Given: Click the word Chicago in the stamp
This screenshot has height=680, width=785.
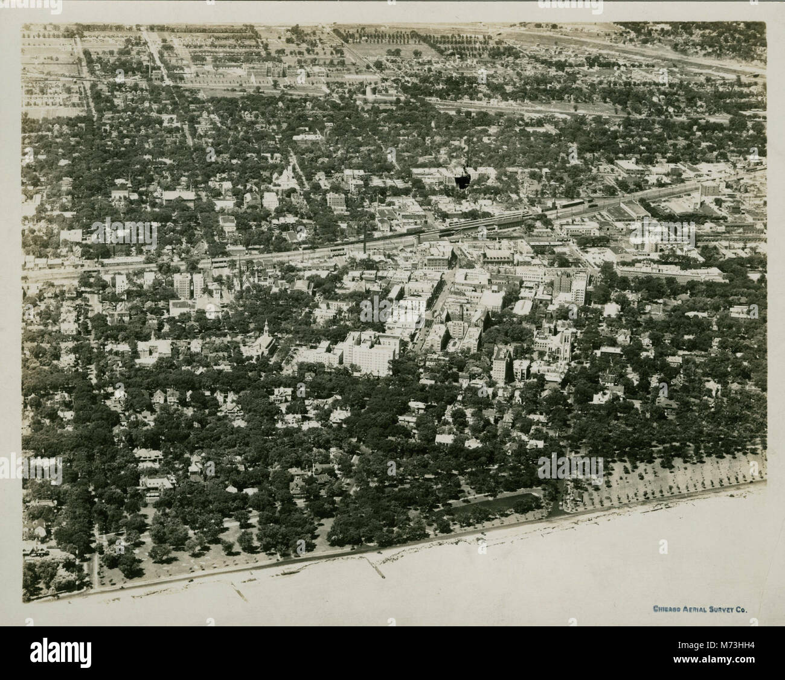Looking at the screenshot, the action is point(667,609).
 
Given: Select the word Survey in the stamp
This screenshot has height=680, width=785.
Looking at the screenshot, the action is point(722,609).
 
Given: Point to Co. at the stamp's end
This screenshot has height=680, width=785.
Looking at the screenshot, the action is point(742,609).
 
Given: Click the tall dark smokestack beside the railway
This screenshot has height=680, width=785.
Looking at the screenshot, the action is point(367,241).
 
